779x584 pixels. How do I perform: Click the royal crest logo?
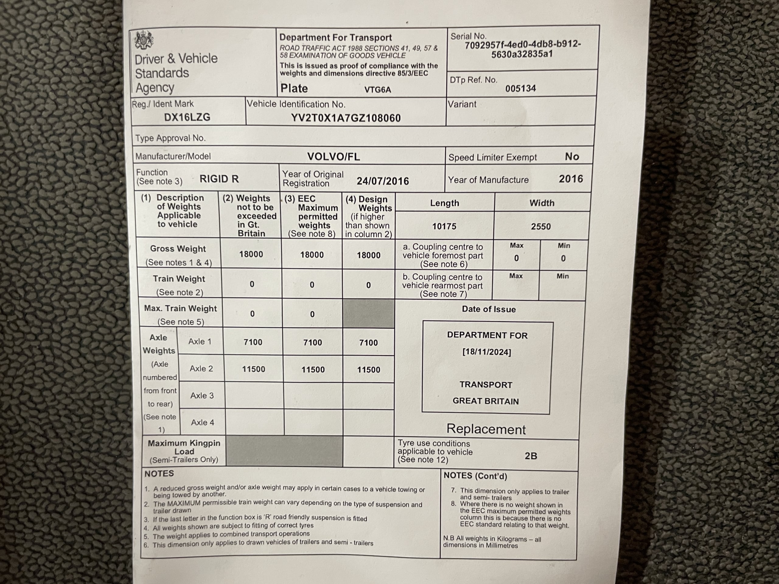coord(144,40)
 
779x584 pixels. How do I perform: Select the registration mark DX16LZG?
coord(187,117)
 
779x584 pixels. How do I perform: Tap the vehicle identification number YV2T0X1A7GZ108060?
coord(345,118)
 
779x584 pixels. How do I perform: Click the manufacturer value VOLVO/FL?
coord(333,157)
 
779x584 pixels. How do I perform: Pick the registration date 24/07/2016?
coord(383,181)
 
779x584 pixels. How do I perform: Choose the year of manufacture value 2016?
coord(571,179)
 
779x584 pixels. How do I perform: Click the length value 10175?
coord(444,226)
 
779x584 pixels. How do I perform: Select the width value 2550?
coord(540,226)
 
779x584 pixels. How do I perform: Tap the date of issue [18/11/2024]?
coord(486,352)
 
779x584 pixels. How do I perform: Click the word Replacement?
coord(486,429)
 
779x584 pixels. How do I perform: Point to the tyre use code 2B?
coord(530,456)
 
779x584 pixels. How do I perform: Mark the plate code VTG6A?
coord(378,90)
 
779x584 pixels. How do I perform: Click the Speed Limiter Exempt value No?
coord(571,157)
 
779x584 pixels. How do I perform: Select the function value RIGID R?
coord(219,179)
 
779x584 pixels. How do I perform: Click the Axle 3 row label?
coord(202,396)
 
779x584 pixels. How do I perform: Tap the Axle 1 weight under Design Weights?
coord(369,342)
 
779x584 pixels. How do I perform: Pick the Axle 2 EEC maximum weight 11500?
coord(313,370)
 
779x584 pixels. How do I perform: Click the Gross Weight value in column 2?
coord(251,254)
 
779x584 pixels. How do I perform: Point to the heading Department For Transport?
coord(335,38)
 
